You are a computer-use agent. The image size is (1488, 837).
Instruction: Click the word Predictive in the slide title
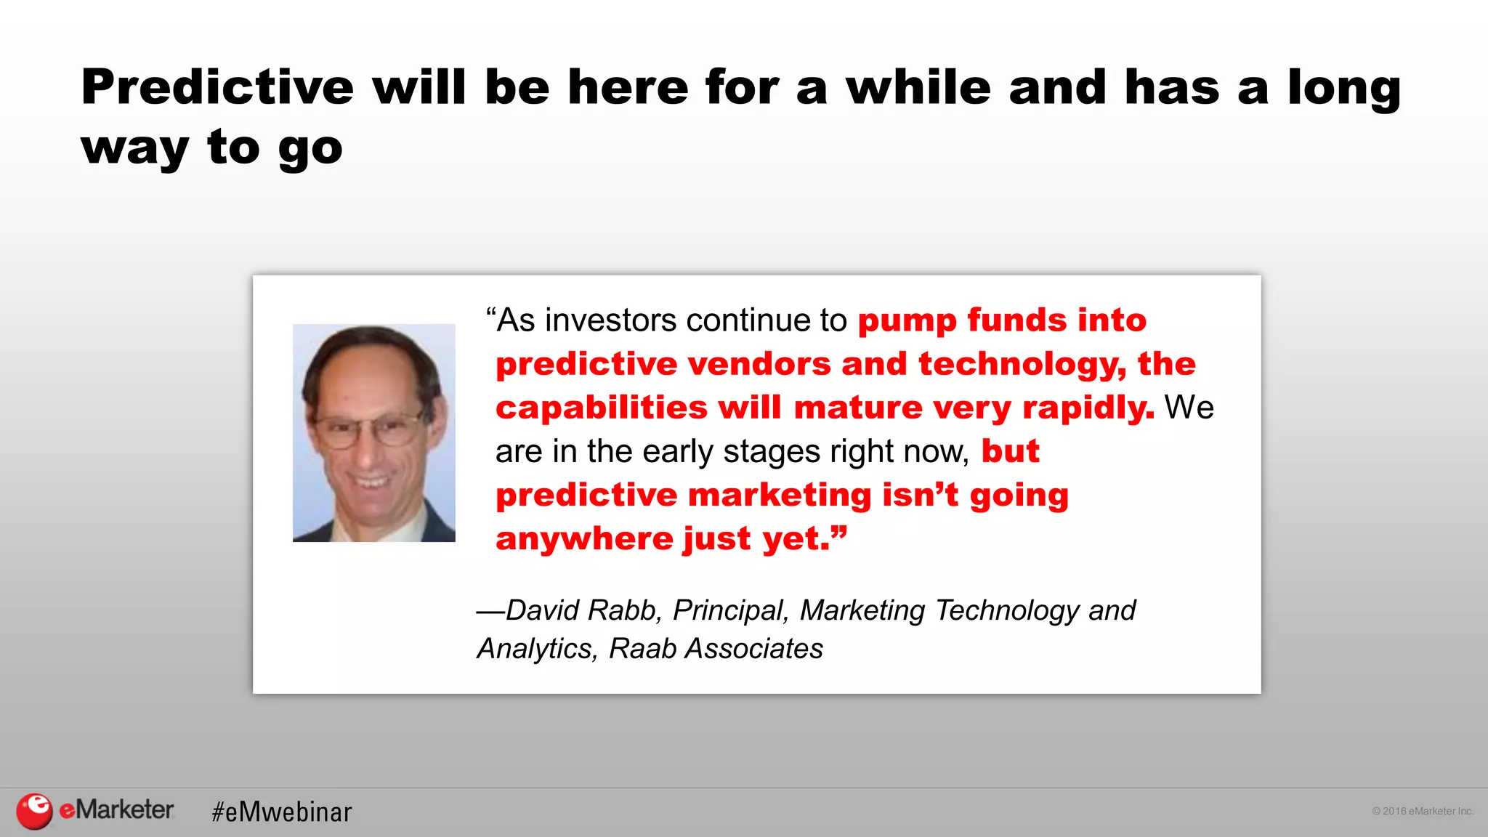pyautogui.click(x=217, y=88)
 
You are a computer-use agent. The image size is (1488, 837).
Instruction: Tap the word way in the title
pyautogui.click(x=134, y=149)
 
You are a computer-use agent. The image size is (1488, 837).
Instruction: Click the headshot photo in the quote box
pyautogui.click(x=373, y=433)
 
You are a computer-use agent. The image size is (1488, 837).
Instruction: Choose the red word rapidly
pyautogui.click(x=1088, y=408)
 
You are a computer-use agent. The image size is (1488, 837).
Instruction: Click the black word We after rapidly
pyautogui.click(x=1189, y=408)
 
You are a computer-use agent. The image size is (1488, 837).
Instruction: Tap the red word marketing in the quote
pyautogui.click(x=780, y=496)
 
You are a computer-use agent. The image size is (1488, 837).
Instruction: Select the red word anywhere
pyautogui.click(x=585, y=539)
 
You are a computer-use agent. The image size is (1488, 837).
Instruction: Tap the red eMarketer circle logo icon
pyautogui.click(x=34, y=811)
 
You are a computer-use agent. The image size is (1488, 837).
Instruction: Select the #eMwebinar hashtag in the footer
pyautogui.click(x=282, y=812)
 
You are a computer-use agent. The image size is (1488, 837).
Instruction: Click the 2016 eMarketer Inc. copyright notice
pyautogui.click(x=1422, y=811)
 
